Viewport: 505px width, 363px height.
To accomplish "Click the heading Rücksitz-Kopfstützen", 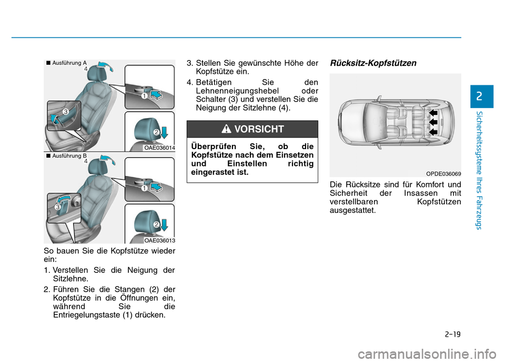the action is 373,63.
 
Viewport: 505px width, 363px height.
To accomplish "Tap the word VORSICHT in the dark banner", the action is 259,129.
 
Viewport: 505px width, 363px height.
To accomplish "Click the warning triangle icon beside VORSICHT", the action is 226,129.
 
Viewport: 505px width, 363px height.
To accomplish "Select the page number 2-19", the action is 452,334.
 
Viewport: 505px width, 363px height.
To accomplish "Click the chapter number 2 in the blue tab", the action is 479,96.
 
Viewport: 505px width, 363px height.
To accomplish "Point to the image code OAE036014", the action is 159,148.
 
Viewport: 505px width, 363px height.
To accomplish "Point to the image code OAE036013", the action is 159,240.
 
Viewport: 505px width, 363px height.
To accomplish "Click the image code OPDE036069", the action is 443,173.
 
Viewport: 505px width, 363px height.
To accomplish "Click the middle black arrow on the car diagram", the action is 433,122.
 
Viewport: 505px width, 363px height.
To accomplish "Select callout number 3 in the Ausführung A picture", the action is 65,112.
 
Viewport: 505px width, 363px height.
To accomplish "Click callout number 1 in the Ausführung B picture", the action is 144,188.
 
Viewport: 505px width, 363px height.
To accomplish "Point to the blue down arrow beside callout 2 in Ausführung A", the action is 164,132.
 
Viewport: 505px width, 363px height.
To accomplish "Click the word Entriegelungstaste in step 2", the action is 87,315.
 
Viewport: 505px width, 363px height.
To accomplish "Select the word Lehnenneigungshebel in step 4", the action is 237,91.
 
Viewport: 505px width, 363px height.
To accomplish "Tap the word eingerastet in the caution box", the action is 213,172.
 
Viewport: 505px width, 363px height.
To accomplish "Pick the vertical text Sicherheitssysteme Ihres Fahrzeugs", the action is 479,170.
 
